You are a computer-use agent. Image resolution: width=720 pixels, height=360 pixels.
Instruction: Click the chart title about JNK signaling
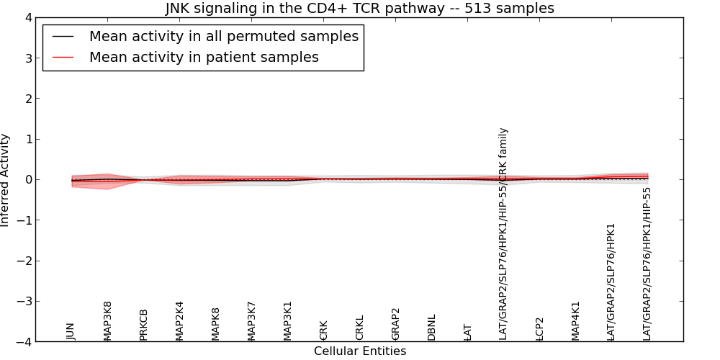pyautogui.click(x=359, y=9)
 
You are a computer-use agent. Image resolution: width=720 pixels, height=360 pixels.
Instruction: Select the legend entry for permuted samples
pyautogui.click(x=223, y=37)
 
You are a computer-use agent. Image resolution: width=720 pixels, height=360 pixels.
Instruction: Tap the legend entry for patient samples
pyautogui.click(x=204, y=58)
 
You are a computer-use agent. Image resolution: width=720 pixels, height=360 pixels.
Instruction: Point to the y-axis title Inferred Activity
pyautogui.click(x=6, y=180)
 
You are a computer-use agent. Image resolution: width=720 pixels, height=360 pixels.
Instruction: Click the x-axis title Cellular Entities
pyautogui.click(x=359, y=351)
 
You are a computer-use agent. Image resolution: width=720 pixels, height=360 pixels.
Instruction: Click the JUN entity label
pyautogui.click(x=71, y=331)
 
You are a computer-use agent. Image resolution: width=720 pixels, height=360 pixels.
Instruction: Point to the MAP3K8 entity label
pyautogui.click(x=107, y=320)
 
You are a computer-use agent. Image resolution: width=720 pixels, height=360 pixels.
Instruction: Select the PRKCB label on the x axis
pyautogui.click(x=143, y=324)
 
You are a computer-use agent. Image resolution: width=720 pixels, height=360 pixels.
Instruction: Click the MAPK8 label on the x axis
pyautogui.click(x=215, y=323)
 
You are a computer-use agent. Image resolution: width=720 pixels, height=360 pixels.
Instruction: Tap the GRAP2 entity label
pyautogui.click(x=395, y=323)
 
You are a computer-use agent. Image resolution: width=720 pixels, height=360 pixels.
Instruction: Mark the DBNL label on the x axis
pyautogui.click(x=431, y=327)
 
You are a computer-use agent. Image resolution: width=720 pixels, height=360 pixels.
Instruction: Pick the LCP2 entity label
pyautogui.click(x=539, y=328)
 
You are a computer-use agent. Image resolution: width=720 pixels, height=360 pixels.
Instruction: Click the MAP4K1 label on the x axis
pyautogui.click(x=575, y=320)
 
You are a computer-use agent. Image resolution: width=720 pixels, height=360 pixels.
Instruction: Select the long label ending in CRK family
pyautogui.click(x=503, y=234)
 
